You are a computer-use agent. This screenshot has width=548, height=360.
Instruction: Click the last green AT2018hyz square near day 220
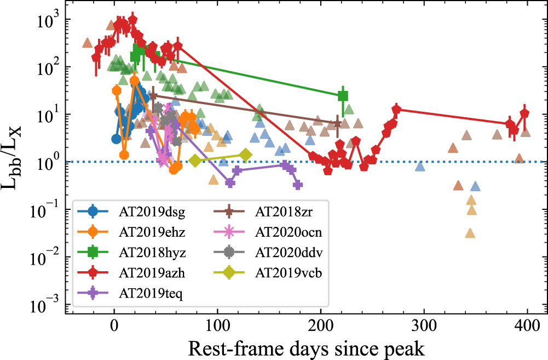[x=343, y=96]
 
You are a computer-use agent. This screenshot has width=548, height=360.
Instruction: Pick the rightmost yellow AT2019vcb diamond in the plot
[x=246, y=156]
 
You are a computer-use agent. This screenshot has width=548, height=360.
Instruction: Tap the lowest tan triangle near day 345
[x=470, y=233]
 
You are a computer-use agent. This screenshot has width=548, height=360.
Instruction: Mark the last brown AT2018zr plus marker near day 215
[x=337, y=123]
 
